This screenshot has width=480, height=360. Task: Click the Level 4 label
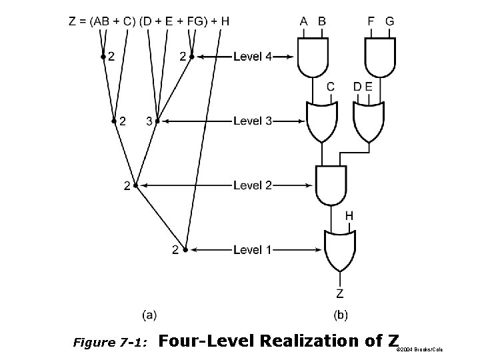[x=253, y=57]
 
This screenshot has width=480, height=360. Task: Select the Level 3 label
[x=253, y=121]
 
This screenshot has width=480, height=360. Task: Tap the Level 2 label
[x=253, y=185]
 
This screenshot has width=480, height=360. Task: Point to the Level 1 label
[x=253, y=250]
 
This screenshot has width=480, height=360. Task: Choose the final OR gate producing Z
[x=340, y=250]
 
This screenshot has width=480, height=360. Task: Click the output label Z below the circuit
[x=340, y=293]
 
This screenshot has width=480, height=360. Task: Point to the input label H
[x=349, y=217]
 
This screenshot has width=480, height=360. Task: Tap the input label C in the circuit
[x=331, y=87]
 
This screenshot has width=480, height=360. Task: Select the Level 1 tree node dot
[x=185, y=250]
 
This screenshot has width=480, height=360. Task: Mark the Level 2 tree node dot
[x=135, y=186]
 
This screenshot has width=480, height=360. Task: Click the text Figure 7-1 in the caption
[x=111, y=343]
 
